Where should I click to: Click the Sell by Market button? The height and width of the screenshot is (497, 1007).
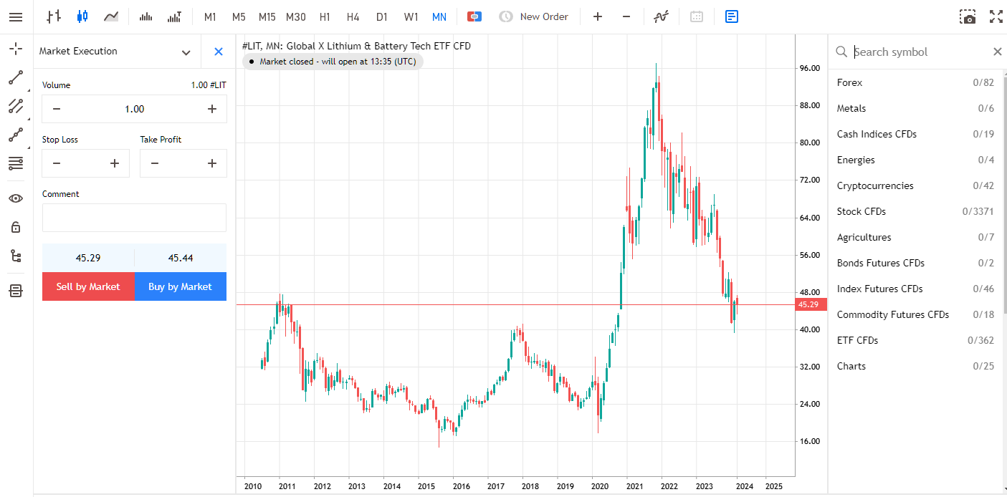[88, 286]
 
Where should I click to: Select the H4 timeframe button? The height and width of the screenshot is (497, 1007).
[353, 16]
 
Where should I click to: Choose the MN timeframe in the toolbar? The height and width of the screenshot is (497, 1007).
[439, 16]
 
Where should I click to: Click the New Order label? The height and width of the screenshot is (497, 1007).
[543, 16]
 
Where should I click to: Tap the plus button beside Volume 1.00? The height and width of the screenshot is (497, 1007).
[212, 109]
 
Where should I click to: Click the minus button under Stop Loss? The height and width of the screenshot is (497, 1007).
[57, 163]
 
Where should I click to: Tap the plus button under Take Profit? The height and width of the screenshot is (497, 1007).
[212, 163]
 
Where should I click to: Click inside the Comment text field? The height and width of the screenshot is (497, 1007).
[134, 218]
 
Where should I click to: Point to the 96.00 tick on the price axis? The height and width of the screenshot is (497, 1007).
[810, 68]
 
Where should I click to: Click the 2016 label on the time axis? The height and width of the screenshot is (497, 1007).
[461, 486]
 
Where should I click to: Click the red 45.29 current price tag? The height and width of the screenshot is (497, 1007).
[808, 304]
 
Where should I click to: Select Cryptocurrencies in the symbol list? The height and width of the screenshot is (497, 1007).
[875, 185]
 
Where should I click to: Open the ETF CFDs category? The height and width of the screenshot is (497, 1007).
[857, 340]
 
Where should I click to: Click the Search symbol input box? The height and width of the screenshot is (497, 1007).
[917, 52]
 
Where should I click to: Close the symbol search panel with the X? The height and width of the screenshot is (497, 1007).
[997, 52]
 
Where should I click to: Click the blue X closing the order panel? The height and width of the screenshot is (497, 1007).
[219, 52]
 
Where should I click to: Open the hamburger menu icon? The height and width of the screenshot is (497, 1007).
[16, 16]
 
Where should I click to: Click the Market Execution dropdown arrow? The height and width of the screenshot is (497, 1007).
[186, 52]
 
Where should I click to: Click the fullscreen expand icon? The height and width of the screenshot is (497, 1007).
[996, 16]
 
